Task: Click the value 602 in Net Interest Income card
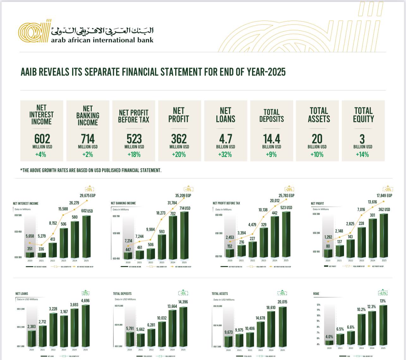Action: [42, 139]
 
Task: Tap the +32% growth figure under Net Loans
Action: [225, 155]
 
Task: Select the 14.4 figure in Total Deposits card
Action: [272, 139]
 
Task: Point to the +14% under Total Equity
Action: [362, 155]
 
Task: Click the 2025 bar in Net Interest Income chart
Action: [86, 236]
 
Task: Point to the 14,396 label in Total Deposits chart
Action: [183, 302]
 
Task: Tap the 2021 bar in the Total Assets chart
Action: [239, 340]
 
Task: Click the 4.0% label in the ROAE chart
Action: [329, 337]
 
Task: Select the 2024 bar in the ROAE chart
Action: [372, 328]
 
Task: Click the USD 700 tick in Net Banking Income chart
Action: [116, 216]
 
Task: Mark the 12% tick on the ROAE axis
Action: [318, 305]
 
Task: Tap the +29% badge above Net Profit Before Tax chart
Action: [289, 189]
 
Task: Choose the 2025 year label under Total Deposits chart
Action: [183, 350]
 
